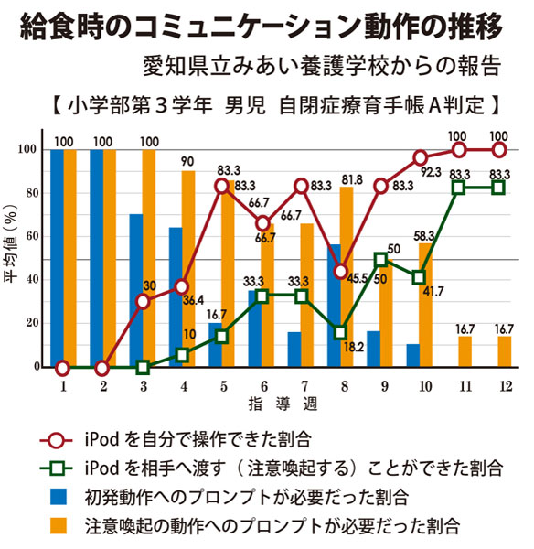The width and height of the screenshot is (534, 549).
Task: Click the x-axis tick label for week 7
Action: point(301,387)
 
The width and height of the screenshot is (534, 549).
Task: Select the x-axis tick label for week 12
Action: point(500,387)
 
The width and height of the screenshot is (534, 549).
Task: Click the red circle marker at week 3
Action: point(142,301)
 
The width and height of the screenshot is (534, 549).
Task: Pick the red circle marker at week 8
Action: point(340,271)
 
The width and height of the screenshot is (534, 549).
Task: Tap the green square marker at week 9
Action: point(380,260)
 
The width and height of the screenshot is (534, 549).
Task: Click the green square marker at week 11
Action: point(460,188)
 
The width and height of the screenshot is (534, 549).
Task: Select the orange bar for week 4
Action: point(188,269)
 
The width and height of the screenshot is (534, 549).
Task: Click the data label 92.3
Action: point(430,171)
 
